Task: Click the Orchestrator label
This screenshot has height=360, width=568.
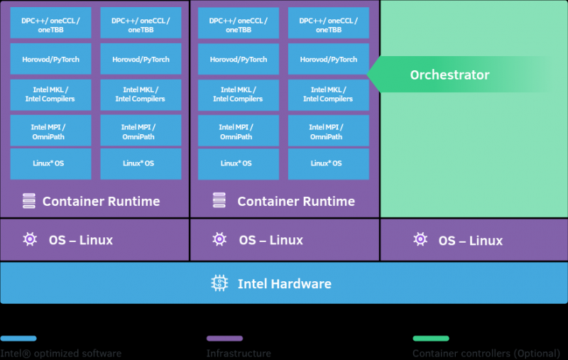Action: [449, 75]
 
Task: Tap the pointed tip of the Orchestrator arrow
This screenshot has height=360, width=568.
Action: [368, 75]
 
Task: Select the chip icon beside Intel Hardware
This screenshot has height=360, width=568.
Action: [220, 283]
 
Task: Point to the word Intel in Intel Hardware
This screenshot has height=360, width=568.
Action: [253, 284]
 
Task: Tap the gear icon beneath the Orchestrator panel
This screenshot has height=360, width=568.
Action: [421, 239]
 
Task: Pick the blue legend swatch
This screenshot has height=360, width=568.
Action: [18, 339]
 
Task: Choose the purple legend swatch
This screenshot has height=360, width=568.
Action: [224, 339]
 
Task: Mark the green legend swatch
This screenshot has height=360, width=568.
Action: [431, 339]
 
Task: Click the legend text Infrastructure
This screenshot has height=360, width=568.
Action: [239, 353]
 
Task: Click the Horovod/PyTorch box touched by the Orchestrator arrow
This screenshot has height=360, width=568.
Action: [328, 60]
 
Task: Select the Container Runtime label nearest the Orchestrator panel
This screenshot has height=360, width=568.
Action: [295, 202]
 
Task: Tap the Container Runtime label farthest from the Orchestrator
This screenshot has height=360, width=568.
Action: [101, 202]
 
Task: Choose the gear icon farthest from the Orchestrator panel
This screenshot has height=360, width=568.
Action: [30, 239]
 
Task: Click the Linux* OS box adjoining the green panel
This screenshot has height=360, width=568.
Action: [328, 163]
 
